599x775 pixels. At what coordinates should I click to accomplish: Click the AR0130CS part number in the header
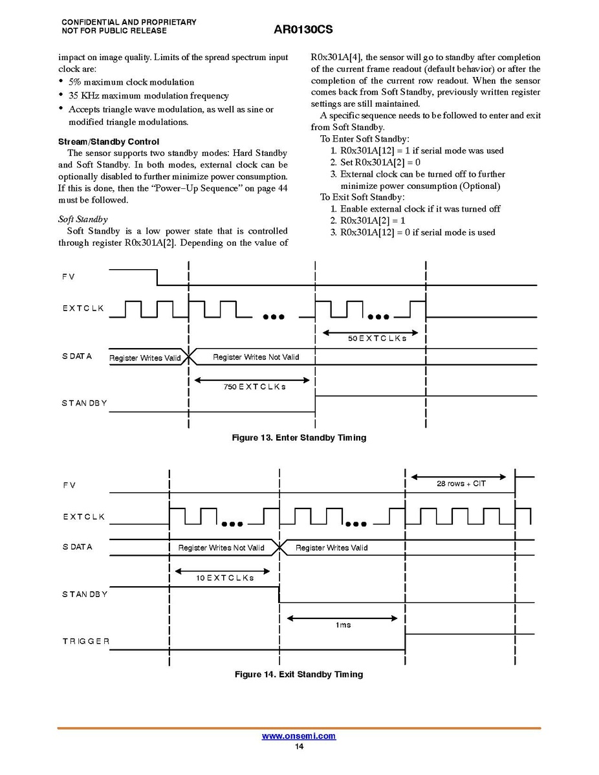[303, 30]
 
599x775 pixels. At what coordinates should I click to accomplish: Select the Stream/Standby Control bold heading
[109, 142]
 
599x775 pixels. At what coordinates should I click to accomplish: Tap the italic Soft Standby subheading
[83, 219]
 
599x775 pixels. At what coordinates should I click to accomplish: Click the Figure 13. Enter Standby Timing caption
[299, 438]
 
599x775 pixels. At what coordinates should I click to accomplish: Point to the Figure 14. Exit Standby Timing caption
[298, 675]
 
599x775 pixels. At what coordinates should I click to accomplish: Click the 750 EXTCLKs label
[255, 386]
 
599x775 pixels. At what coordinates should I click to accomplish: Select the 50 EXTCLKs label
[377, 338]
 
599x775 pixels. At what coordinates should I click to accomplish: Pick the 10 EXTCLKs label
[224, 578]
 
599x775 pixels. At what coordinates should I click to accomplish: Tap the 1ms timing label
[343, 625]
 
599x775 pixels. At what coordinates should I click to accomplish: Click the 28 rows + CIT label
[461, 483]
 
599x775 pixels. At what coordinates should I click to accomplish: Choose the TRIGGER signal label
[86, 641]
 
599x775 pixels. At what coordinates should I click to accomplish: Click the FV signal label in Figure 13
[69, 277]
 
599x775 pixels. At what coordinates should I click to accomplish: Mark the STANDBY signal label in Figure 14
[85, 594]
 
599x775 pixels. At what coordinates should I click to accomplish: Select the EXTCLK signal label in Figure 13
[83, 309]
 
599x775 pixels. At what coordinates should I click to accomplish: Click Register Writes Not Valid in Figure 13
[256, 357]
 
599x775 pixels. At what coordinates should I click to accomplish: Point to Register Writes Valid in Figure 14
[331, 548]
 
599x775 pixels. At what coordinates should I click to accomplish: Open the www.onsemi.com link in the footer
[299, 736]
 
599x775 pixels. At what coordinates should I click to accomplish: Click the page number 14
[299, 747]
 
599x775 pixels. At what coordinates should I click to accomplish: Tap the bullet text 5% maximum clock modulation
[131, 82]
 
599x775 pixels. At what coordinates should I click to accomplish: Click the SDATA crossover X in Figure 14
[280, 547]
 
